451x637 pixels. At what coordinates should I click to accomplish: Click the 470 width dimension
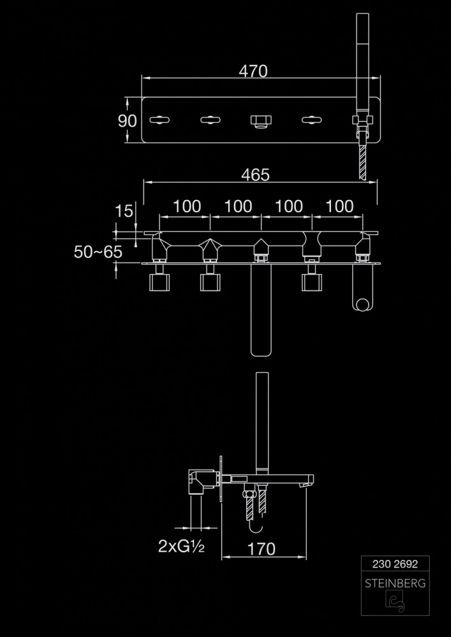[x=253, y=71]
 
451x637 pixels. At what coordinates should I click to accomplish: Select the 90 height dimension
[x=128, y=120]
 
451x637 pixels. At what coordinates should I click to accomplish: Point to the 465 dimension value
[x=255, y=175]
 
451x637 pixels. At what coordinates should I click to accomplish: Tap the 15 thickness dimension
[x=126, y=211]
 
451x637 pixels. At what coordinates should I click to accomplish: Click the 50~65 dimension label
[x=98, y=252]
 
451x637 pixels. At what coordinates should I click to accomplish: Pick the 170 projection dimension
[x=262, y=548]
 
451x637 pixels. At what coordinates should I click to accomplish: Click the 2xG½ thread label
[x=181, y=546]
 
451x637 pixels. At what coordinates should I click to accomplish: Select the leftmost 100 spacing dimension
[x=187, y=206]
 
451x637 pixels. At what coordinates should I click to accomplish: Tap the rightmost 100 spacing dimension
[x=339, y=206]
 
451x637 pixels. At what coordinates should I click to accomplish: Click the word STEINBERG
[x=395, y=583]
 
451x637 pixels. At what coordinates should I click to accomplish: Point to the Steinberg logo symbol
[x=394, y=602]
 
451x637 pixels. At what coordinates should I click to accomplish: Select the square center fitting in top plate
[x=260, y=120]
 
